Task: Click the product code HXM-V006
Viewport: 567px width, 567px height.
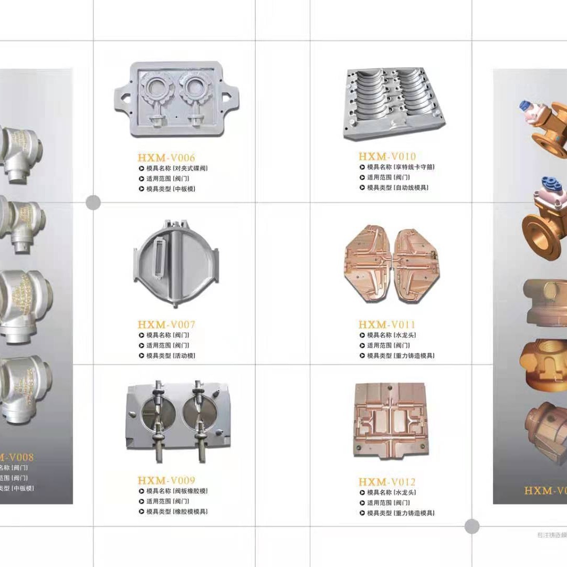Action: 166,157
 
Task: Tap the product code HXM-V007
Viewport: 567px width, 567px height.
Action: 166,324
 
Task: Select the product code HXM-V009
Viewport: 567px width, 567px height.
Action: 166,480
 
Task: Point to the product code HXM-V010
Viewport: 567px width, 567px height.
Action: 387,156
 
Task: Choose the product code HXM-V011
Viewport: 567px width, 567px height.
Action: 387,324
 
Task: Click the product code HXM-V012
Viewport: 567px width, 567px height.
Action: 387,482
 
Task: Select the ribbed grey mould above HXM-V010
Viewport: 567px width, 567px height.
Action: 394,102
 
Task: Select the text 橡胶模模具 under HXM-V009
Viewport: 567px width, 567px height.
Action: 190,511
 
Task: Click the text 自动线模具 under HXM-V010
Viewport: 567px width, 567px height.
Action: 411,187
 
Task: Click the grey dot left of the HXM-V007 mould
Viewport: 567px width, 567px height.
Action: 93,202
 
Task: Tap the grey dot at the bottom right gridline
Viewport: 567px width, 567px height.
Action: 472,526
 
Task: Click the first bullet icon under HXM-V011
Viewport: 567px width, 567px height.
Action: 362,335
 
